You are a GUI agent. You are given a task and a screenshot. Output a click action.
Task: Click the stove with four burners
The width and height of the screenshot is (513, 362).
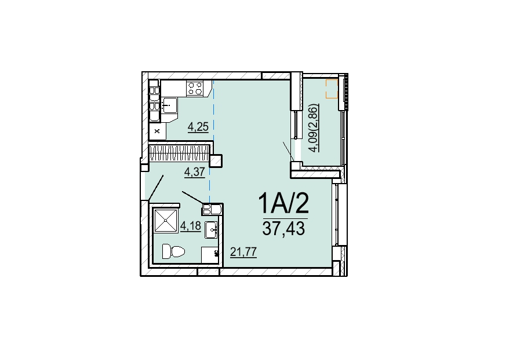(x=195, y=88)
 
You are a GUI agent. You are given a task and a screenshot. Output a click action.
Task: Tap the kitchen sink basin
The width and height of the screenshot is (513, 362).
(x=169, y=105)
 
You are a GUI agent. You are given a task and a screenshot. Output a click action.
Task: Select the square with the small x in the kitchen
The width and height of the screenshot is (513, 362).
(x=157, y=131)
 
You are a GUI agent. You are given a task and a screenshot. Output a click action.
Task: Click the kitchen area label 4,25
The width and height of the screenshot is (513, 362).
(x=198, y=126)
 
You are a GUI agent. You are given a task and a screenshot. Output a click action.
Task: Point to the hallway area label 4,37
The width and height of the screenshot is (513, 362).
(x=195, y=172)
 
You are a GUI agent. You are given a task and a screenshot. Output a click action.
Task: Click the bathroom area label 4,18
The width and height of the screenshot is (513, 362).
(x=190, y=226)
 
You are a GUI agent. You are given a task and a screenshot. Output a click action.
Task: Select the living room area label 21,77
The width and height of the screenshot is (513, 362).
(x=243, y=252)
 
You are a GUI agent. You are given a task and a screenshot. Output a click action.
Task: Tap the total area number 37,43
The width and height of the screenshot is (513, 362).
(x=283, y=228)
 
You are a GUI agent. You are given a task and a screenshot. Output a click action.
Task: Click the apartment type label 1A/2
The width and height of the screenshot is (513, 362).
(x=283, y=203)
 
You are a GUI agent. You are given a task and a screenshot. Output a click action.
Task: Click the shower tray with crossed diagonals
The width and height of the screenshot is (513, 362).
(x=166, y=221)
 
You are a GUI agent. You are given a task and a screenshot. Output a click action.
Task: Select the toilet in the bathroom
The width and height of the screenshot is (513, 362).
(x=173, y=251)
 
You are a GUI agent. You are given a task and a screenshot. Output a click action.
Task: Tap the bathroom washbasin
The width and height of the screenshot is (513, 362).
(x=212, y=229)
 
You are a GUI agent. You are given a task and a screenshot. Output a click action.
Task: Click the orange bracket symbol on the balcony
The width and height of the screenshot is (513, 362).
(x=331, y=89)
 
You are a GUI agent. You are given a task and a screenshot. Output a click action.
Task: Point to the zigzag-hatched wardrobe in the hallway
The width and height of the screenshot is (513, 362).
(x=179, y=153)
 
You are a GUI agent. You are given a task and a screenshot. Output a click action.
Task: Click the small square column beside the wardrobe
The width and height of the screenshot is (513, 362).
(x=216, y=160)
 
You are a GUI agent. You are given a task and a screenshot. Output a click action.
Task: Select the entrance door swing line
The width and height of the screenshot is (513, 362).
(x=156, y=187)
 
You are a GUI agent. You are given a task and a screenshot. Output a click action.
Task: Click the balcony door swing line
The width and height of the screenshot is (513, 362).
(x=289, y=151)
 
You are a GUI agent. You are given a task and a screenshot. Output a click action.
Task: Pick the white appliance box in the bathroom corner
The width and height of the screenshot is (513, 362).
(x=210, y=255)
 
